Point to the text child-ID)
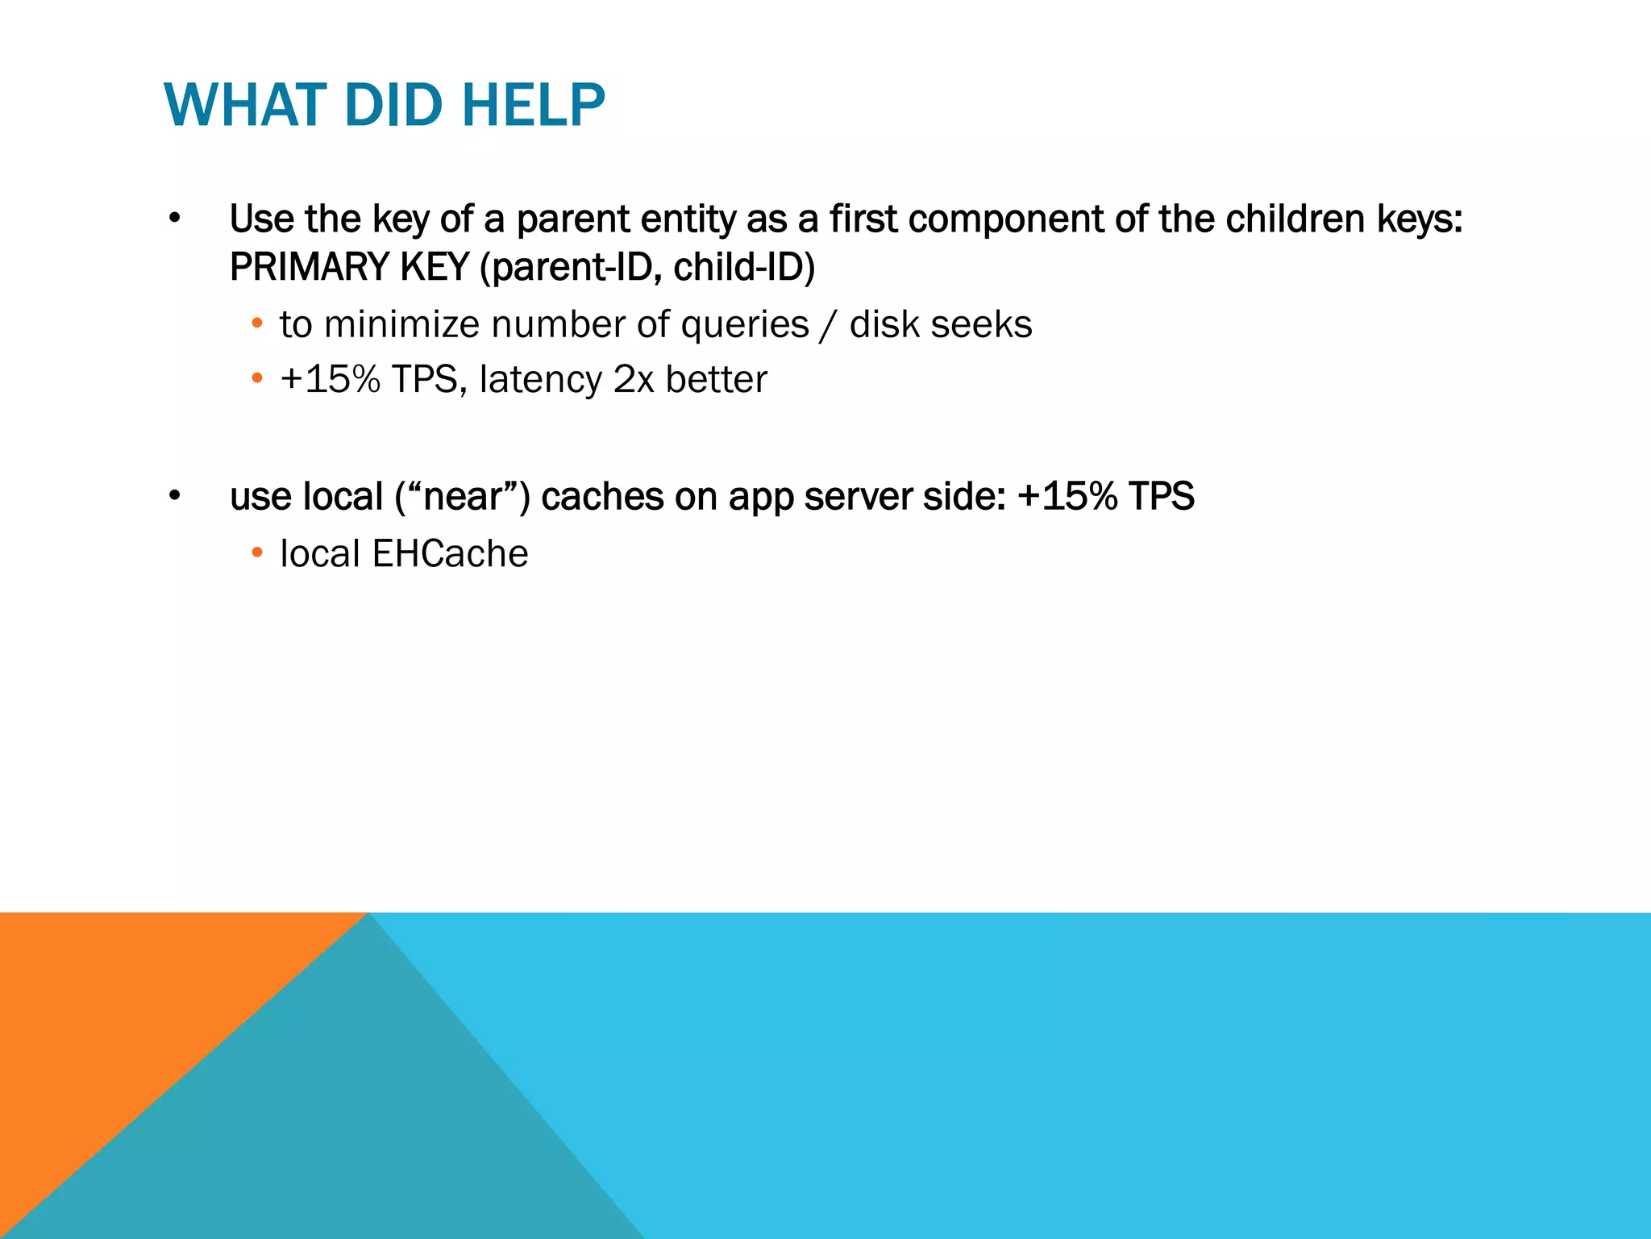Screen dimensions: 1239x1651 point(744,267)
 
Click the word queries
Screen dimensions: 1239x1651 point(744,325)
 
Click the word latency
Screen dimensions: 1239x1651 point(540,380)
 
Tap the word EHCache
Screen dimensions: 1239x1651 point(450,554)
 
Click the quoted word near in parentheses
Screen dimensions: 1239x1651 point(463,497)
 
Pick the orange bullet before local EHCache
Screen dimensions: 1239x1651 point(257,553)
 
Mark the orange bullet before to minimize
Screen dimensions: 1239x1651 point(257,324)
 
